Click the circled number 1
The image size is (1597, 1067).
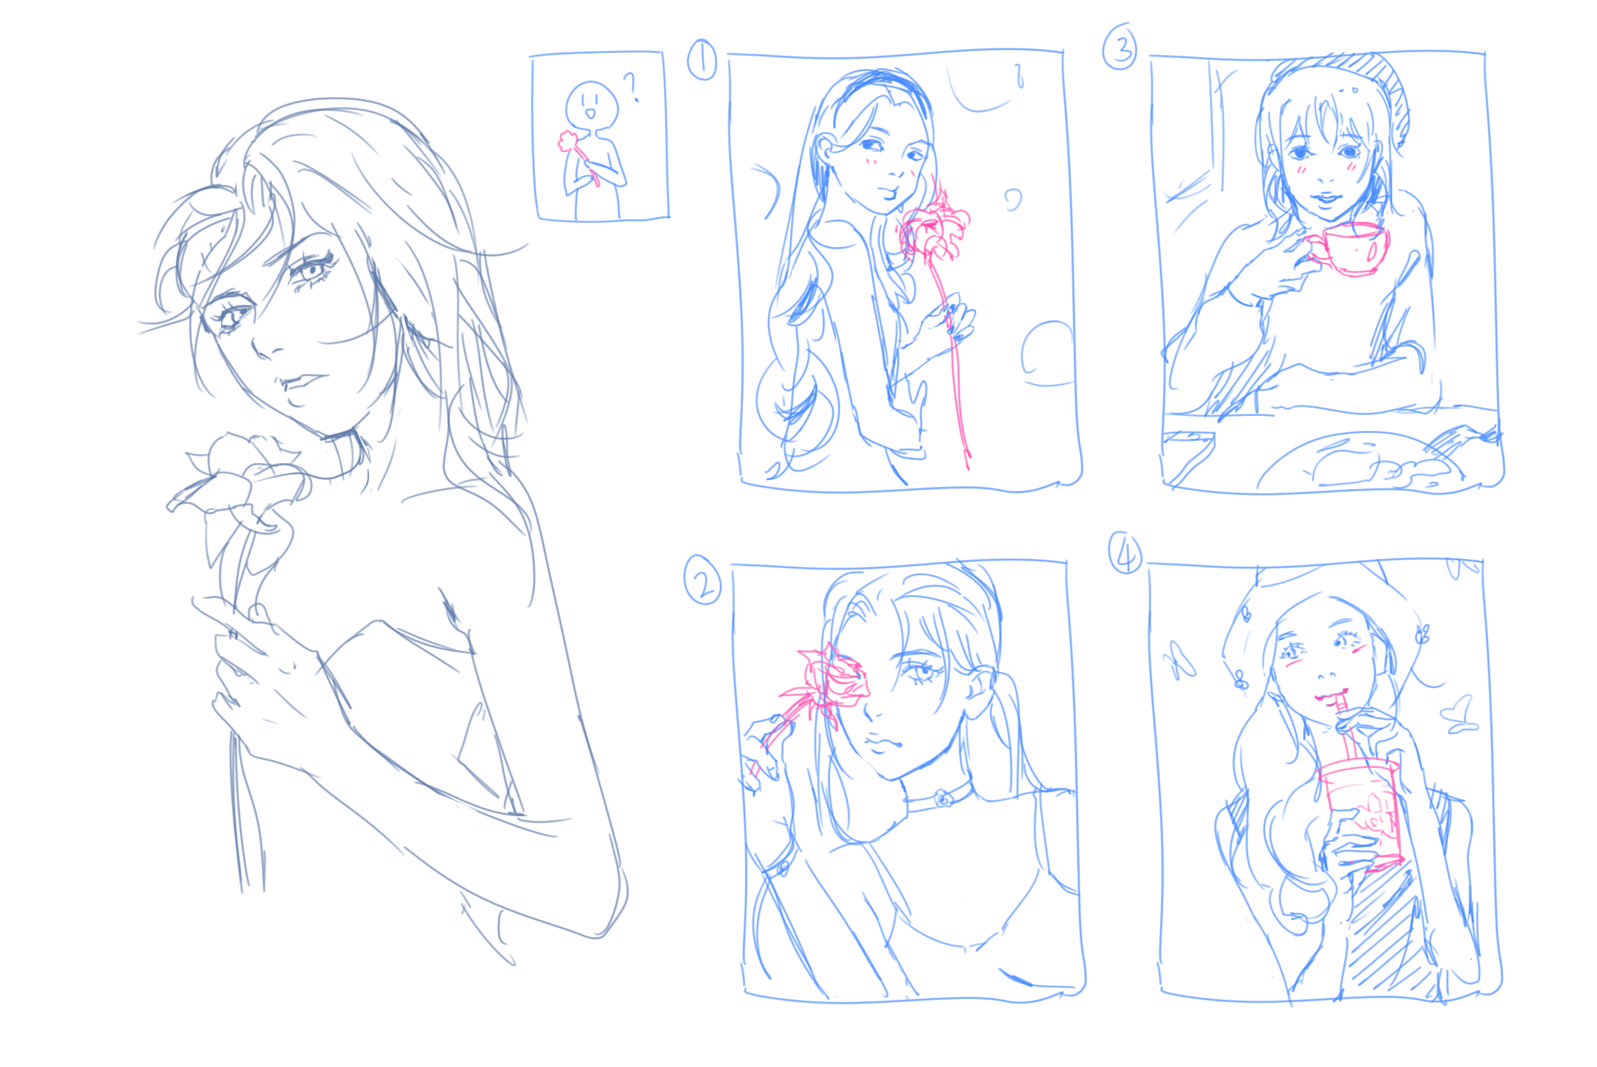701,60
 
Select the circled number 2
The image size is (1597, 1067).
703,579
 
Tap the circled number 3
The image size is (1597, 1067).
1120,46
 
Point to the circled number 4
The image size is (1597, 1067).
1126,552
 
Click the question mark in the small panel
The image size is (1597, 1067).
631,87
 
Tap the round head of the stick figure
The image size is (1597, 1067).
592,106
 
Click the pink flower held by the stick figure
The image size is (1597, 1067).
569,141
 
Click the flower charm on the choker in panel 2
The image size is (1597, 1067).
942,798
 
